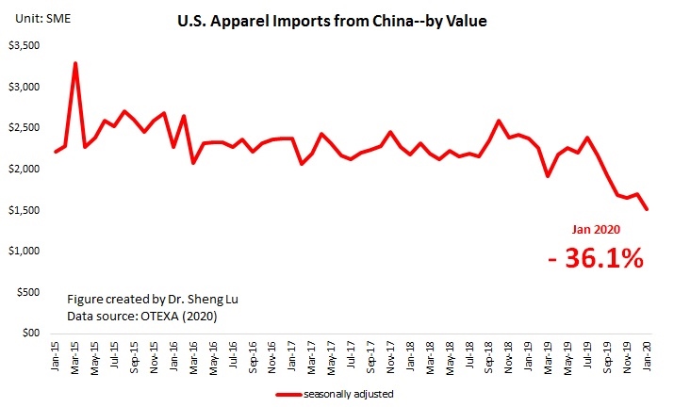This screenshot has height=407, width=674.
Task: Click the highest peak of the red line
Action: click(75, 63)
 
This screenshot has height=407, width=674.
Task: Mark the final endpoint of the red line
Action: click(648, 209)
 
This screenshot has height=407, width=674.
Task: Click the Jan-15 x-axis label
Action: click(57, 356)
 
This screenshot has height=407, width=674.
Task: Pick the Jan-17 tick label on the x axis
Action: click(293, 356)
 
